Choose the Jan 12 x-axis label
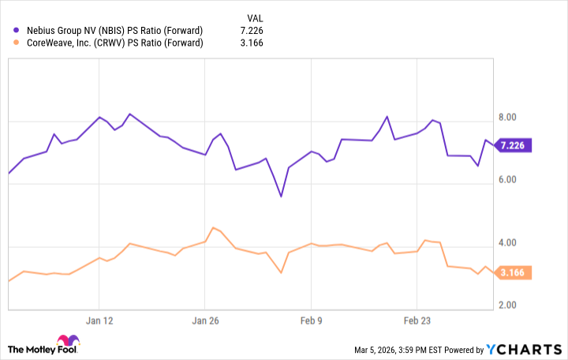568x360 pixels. [99, 321]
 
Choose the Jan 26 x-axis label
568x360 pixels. [204, 321]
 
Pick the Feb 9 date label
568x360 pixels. [311, 321]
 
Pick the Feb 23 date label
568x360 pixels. [417, 321]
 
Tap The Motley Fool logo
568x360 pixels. [44, 348]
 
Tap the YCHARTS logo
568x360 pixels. [524, 349]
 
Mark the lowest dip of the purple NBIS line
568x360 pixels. [281, 196]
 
